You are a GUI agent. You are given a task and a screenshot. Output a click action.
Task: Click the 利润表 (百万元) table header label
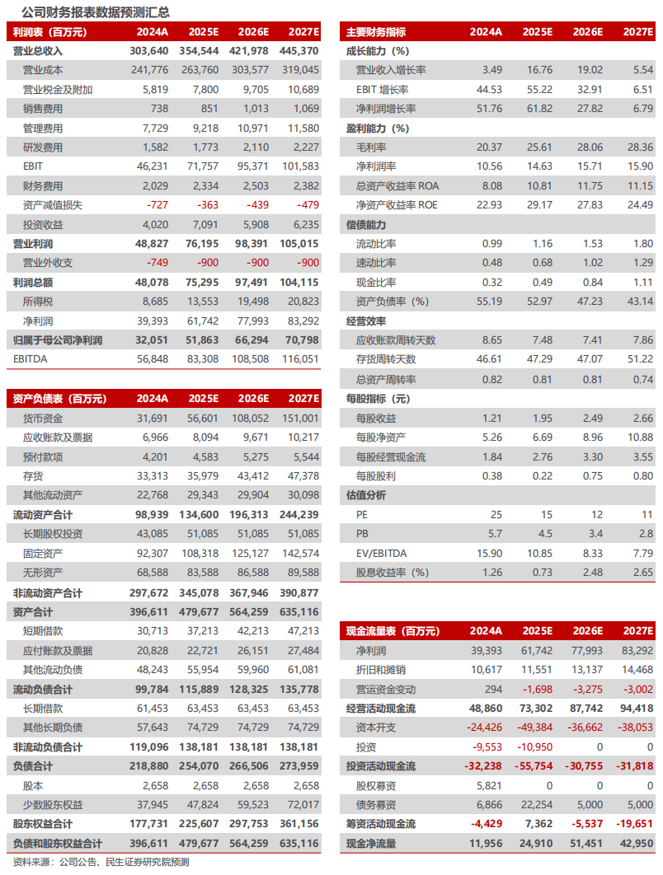pos(49,32)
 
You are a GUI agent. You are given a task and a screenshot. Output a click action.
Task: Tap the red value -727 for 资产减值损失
pos(155,205)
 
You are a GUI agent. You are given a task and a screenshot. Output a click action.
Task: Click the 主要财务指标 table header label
pos(375,32)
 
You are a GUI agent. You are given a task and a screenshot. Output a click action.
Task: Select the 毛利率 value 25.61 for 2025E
pos(538,147)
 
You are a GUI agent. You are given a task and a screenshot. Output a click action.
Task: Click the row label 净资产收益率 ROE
pos(397,205)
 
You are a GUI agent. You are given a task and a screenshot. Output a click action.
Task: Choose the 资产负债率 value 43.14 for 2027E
pos(640,302)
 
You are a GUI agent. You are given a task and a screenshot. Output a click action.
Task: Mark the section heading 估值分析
pos(365,495)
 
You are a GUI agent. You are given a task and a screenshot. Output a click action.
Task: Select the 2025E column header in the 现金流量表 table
pos(538,631)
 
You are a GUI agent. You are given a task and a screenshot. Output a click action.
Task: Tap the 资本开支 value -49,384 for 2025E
pos(533,728)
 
